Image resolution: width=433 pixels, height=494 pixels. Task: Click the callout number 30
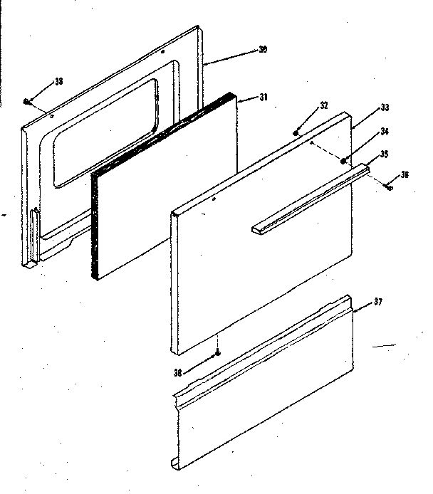pyautogui.click(x=263, y=50)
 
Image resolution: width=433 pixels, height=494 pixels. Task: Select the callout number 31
pyautogui.click(x=263, y=98)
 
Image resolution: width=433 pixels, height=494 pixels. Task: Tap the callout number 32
pyautogui.click(x=323, y=105)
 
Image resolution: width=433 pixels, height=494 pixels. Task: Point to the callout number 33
pyautogui.click(x=385, y=107)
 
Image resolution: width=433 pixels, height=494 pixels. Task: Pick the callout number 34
pyautogui.click(x=384, y=131)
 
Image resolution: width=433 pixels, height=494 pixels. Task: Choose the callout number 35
pyautogui.click(x=384, y=152)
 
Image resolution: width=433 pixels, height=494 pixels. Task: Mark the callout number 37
pyautogui.click(x=377, y=302)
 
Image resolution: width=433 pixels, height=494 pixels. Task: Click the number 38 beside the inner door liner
pyautogui.click(x=58, y=80)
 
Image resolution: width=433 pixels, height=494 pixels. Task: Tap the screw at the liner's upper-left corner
pyautogui.click(x=26, y=102)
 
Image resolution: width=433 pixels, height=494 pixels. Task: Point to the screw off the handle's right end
pyautogui.click(x=389, y=187)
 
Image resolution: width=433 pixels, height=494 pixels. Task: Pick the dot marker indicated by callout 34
pyautogui.click(x=343, y=161)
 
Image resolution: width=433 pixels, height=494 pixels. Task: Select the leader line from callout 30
pyautogui.click(x=231, y=57)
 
